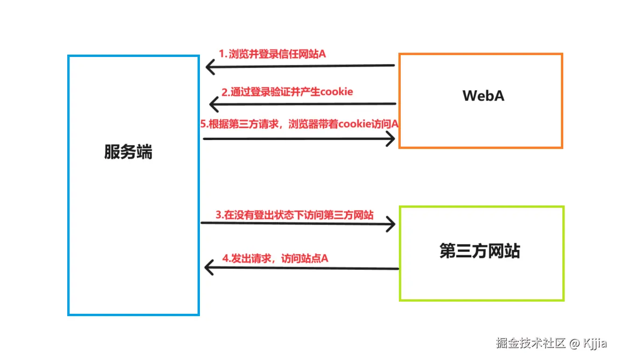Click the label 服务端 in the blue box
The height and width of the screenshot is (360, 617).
(x=128, y=153)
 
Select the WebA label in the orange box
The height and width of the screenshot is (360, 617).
(x=483, y=96)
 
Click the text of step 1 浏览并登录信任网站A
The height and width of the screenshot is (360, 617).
(x=272, y=54)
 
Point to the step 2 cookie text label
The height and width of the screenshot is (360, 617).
(x=287, y=92)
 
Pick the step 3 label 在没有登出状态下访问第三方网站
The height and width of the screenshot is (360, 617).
(x=294, y=215)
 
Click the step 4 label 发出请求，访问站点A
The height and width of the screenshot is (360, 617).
(x=275, y=258)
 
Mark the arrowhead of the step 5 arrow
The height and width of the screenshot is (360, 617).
(x=391, y=139)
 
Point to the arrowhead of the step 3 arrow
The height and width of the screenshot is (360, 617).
(x=391, y=225)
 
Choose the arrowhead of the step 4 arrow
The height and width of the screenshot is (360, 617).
(x=209, y=268)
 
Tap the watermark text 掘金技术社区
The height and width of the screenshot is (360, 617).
(x=531, y=344)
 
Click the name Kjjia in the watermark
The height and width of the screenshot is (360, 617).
(x=595, y=344)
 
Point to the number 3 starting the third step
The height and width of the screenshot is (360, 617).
(x=218, y=215)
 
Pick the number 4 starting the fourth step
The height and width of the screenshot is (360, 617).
(x=225, y=258)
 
